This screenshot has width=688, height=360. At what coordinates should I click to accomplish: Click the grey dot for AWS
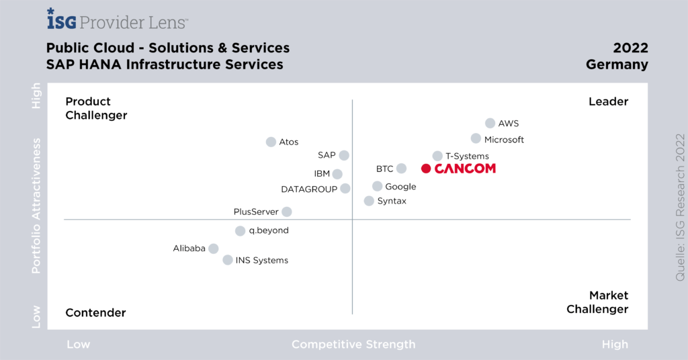pyautogui.click(x=490, y=123)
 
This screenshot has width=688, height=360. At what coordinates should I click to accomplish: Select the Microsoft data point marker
pyautogui.click(x=476, y=138)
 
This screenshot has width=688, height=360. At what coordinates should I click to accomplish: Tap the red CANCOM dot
pyautogui.click(x=426, y=169)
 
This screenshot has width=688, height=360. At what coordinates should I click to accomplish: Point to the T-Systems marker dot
pyautogui.click(x=437, y=156)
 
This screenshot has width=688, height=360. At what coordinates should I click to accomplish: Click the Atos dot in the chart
pyautogui.click(x=271, y=142)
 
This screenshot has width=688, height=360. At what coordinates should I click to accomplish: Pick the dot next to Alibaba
pyautogui.click(x=213, y=249)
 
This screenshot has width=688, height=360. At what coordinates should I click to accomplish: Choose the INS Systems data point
pyautogui.click(x=228, y=260)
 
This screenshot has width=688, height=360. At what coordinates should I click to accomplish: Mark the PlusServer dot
pyautogui.click(x=287, y=212)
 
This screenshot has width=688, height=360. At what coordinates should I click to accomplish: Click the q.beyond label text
pyautogui.click(x=269, y=230)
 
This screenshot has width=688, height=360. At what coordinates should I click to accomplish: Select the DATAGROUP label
pyautogui.click(x=309, y=189)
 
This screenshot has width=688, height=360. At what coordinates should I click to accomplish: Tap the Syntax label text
pyautogui.click(x=392, y=201)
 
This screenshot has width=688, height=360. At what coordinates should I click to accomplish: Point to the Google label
pyautogui.click(x=400, y=187)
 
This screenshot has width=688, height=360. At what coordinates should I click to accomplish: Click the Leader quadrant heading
pyautogui.click(x=608, y=101)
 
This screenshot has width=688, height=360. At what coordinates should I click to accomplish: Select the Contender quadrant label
pyautogui.click(x=95, y=312)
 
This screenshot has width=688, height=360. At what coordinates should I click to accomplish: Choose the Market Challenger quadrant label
pyautogui.click(x=597, y=302)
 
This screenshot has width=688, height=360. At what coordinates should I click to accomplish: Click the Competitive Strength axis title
pyautogui.click(x=353, y=345)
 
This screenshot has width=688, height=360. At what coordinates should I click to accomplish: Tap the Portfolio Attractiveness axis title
pyautogui.click(x=37, y=206)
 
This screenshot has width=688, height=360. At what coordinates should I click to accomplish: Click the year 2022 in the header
pyautogui.click(x=630, y=48)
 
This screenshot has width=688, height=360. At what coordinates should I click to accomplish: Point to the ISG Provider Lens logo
pyautogui.click(x=118, y=20)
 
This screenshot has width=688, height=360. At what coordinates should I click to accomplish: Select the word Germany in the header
pyautogui.click(x=617, y=65)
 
